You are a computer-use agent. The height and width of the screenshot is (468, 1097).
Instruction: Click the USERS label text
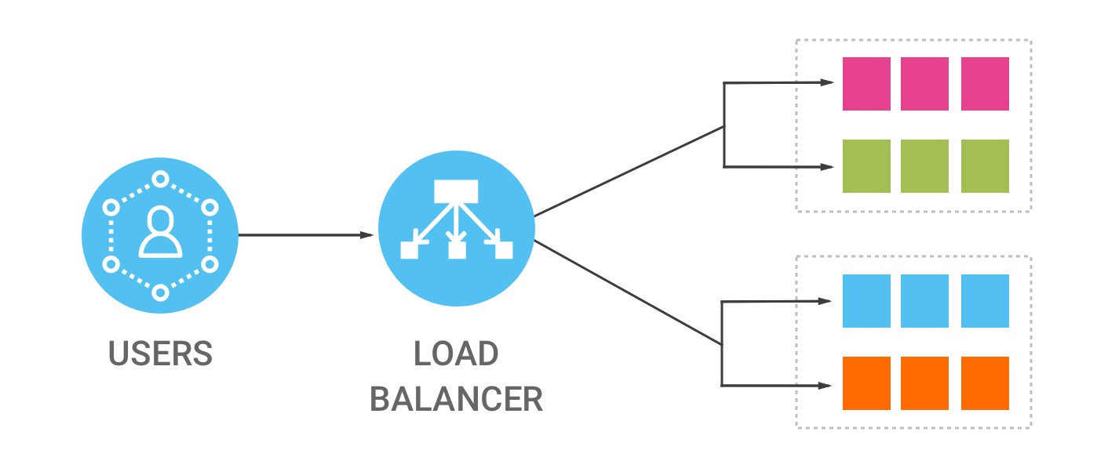[x=160, y=354]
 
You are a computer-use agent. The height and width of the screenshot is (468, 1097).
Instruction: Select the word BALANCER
[x=456, y=399]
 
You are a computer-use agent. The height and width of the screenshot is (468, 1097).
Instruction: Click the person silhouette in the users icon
[x=160, y=233]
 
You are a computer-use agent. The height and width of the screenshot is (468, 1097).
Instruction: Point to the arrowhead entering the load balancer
[x=366, y=234]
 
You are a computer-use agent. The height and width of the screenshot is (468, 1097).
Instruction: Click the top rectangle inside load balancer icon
[x=456, y=190]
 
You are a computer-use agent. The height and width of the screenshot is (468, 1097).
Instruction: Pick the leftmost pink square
[x=866, y=83]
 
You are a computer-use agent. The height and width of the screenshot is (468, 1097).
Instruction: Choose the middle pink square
[x=925, y=83]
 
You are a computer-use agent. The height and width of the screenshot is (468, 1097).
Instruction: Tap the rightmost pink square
[x=985, y=83]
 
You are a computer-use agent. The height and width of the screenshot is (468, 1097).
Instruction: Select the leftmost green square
[x=866, y=166]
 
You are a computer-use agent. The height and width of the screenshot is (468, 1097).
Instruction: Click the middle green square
[x=925, y=166]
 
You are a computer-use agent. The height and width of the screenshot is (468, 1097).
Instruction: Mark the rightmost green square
[x=985, y=166]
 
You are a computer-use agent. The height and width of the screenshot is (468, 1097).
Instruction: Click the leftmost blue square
[x=866, y=301]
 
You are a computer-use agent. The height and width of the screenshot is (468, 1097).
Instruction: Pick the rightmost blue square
[x=985, y=301]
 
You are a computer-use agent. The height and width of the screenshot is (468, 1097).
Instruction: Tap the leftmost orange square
[x=866, y=383]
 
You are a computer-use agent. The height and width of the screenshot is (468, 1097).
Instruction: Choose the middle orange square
[x=925, y=383]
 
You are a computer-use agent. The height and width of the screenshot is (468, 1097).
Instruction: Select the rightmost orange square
[x=985, y=383]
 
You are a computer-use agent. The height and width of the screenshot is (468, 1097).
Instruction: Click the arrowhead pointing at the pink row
[x=826, y=82]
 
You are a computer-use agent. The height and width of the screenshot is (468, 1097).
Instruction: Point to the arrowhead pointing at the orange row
[x=826, y=385]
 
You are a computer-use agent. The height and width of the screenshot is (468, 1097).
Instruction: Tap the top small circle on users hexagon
[x=160, y=179]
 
